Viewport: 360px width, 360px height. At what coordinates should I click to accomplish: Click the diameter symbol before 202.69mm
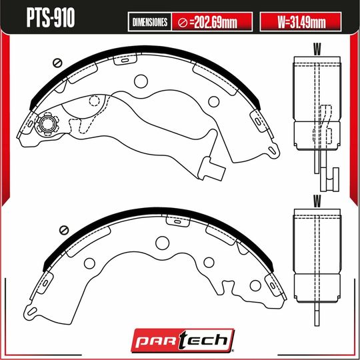[182, 22]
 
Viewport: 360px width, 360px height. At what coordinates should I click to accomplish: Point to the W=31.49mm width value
[301, 22]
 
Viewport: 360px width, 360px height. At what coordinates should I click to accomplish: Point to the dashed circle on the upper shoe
[95, 102]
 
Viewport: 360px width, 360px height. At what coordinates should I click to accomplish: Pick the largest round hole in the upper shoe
[141, 82]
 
